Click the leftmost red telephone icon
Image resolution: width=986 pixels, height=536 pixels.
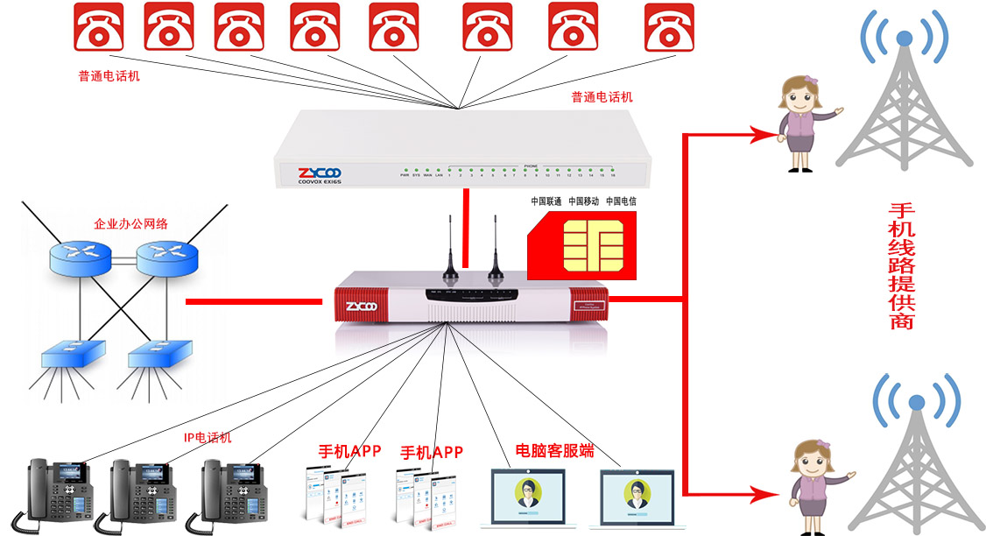(x=97, y=26)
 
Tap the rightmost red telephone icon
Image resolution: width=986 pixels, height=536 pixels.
(x=669, y=26)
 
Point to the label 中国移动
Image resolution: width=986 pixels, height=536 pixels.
(x=584, y=201)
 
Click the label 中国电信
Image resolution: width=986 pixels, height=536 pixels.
(x=622, y=201)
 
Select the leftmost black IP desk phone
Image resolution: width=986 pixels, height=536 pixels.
(x=58, y=491)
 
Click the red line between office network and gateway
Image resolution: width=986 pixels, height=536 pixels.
(x=254, y=303)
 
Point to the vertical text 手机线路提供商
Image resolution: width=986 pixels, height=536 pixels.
(x=901, y=266)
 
